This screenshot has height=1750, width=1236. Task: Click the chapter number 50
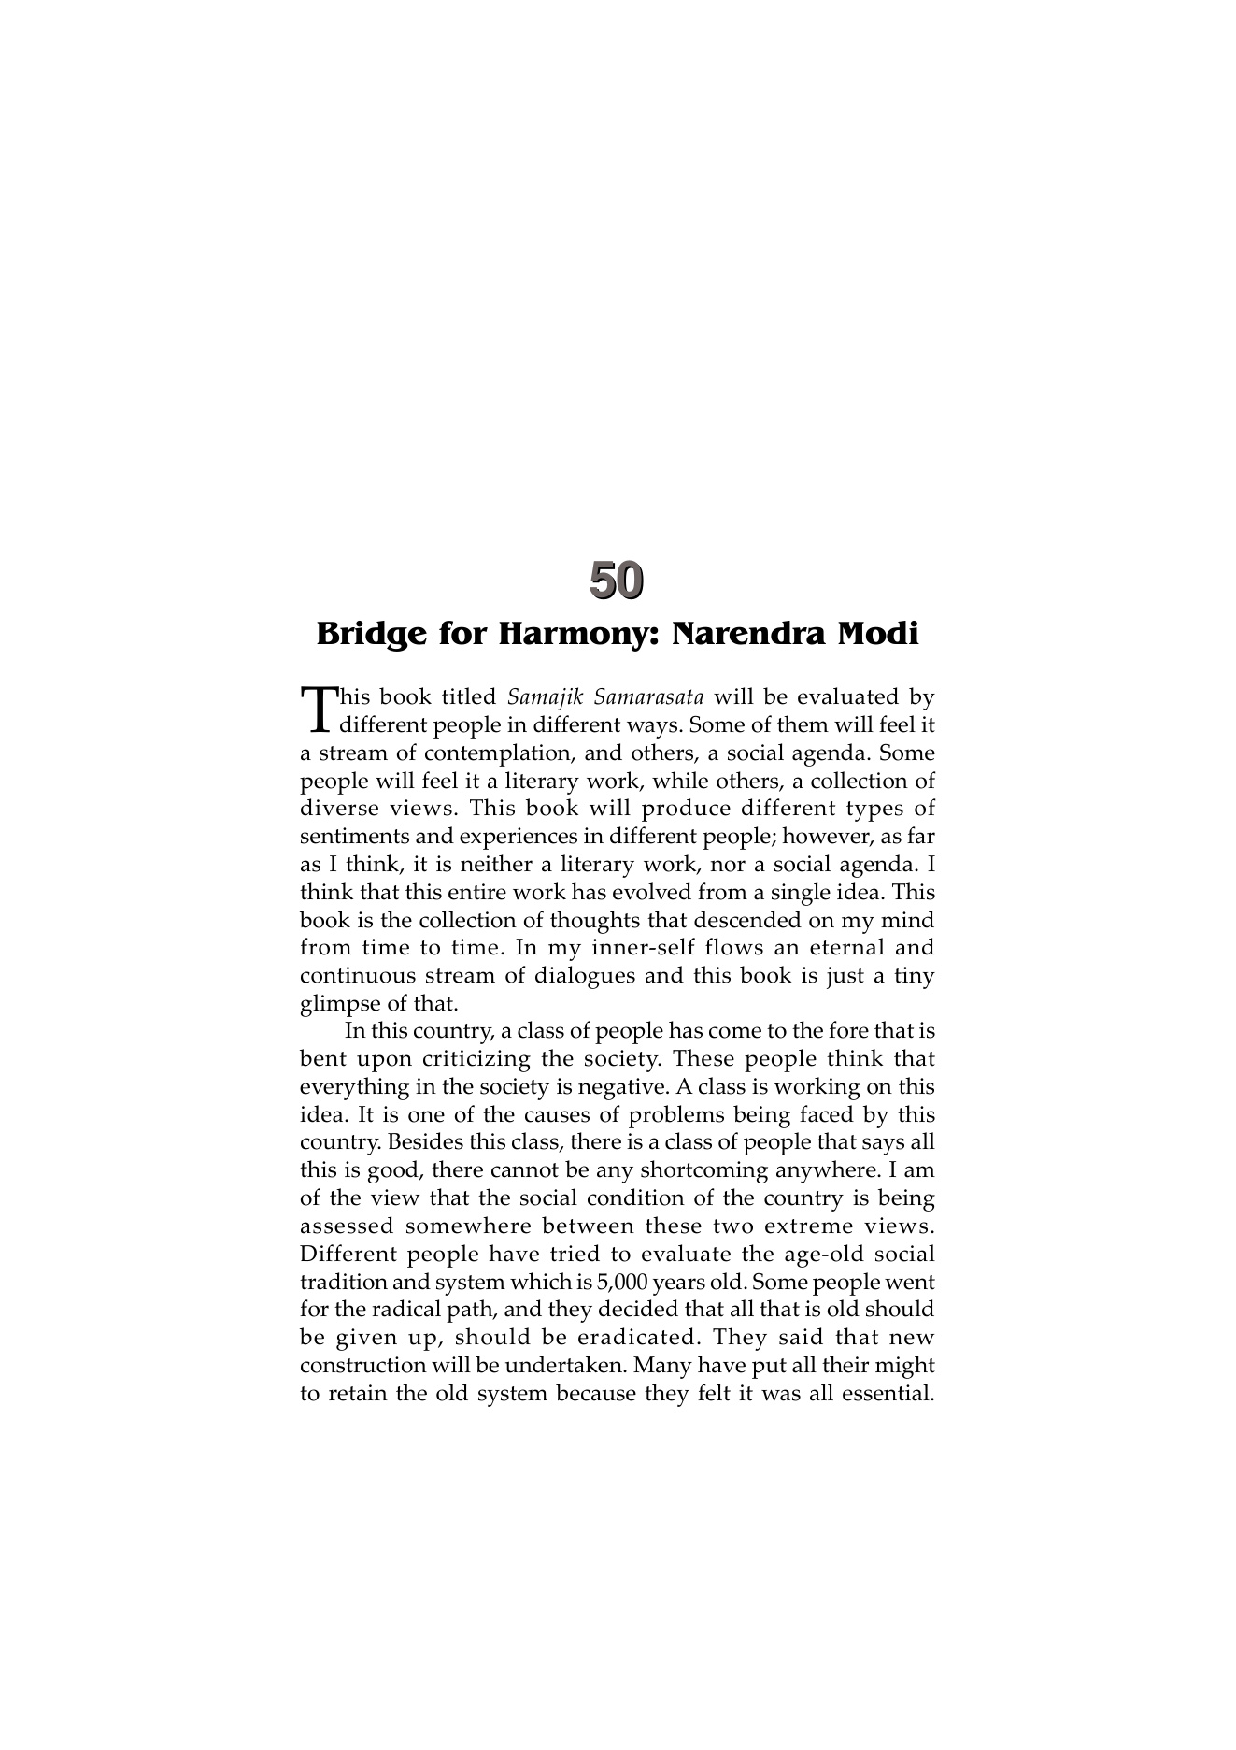click(x=617, y=581)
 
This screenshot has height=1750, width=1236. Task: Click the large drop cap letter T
click(x=318, y=710)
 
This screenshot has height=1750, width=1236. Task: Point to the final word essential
click(x=887, y=1394)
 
